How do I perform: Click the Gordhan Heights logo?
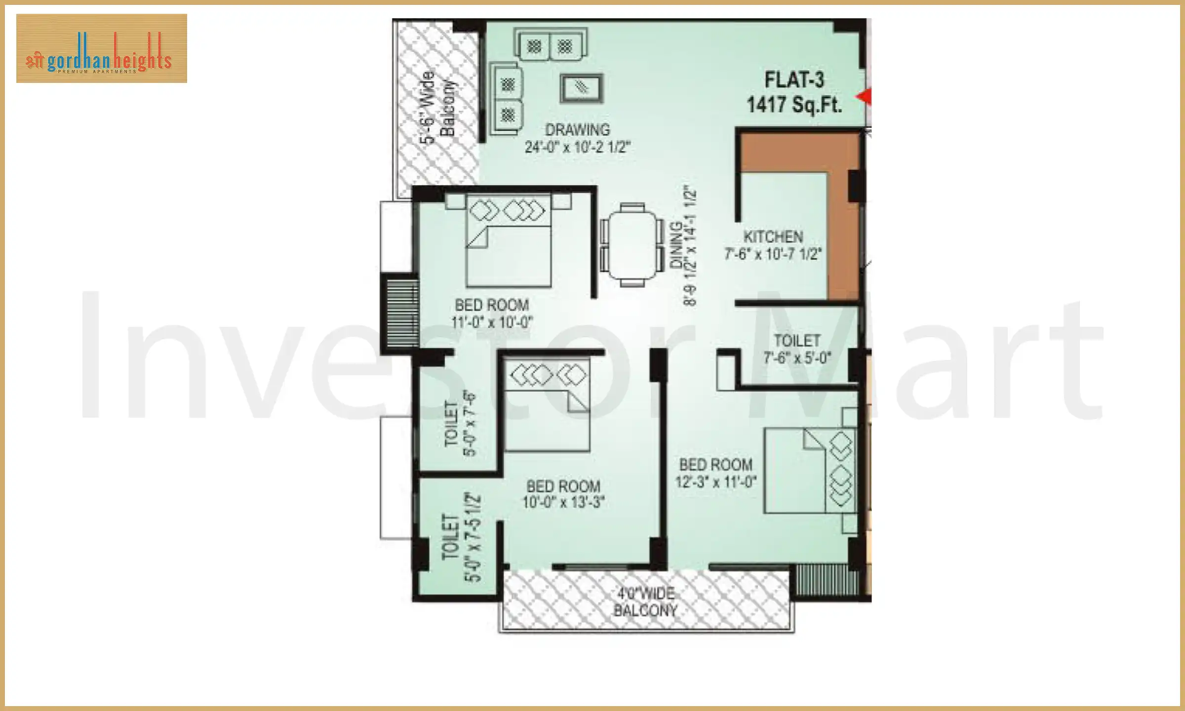101,48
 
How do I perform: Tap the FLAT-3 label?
794,80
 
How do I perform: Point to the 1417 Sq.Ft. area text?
794,105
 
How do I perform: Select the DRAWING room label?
577,130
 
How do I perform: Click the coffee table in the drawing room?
582,89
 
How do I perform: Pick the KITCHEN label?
773,237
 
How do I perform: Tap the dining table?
632,245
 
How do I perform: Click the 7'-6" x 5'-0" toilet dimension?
797,357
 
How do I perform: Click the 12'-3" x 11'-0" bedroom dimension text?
715,482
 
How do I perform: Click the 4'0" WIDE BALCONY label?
645,602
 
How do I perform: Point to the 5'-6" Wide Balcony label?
437,106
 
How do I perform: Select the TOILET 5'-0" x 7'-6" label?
459,424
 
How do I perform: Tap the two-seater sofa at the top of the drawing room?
550,46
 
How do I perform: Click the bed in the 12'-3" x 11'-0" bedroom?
810,471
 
